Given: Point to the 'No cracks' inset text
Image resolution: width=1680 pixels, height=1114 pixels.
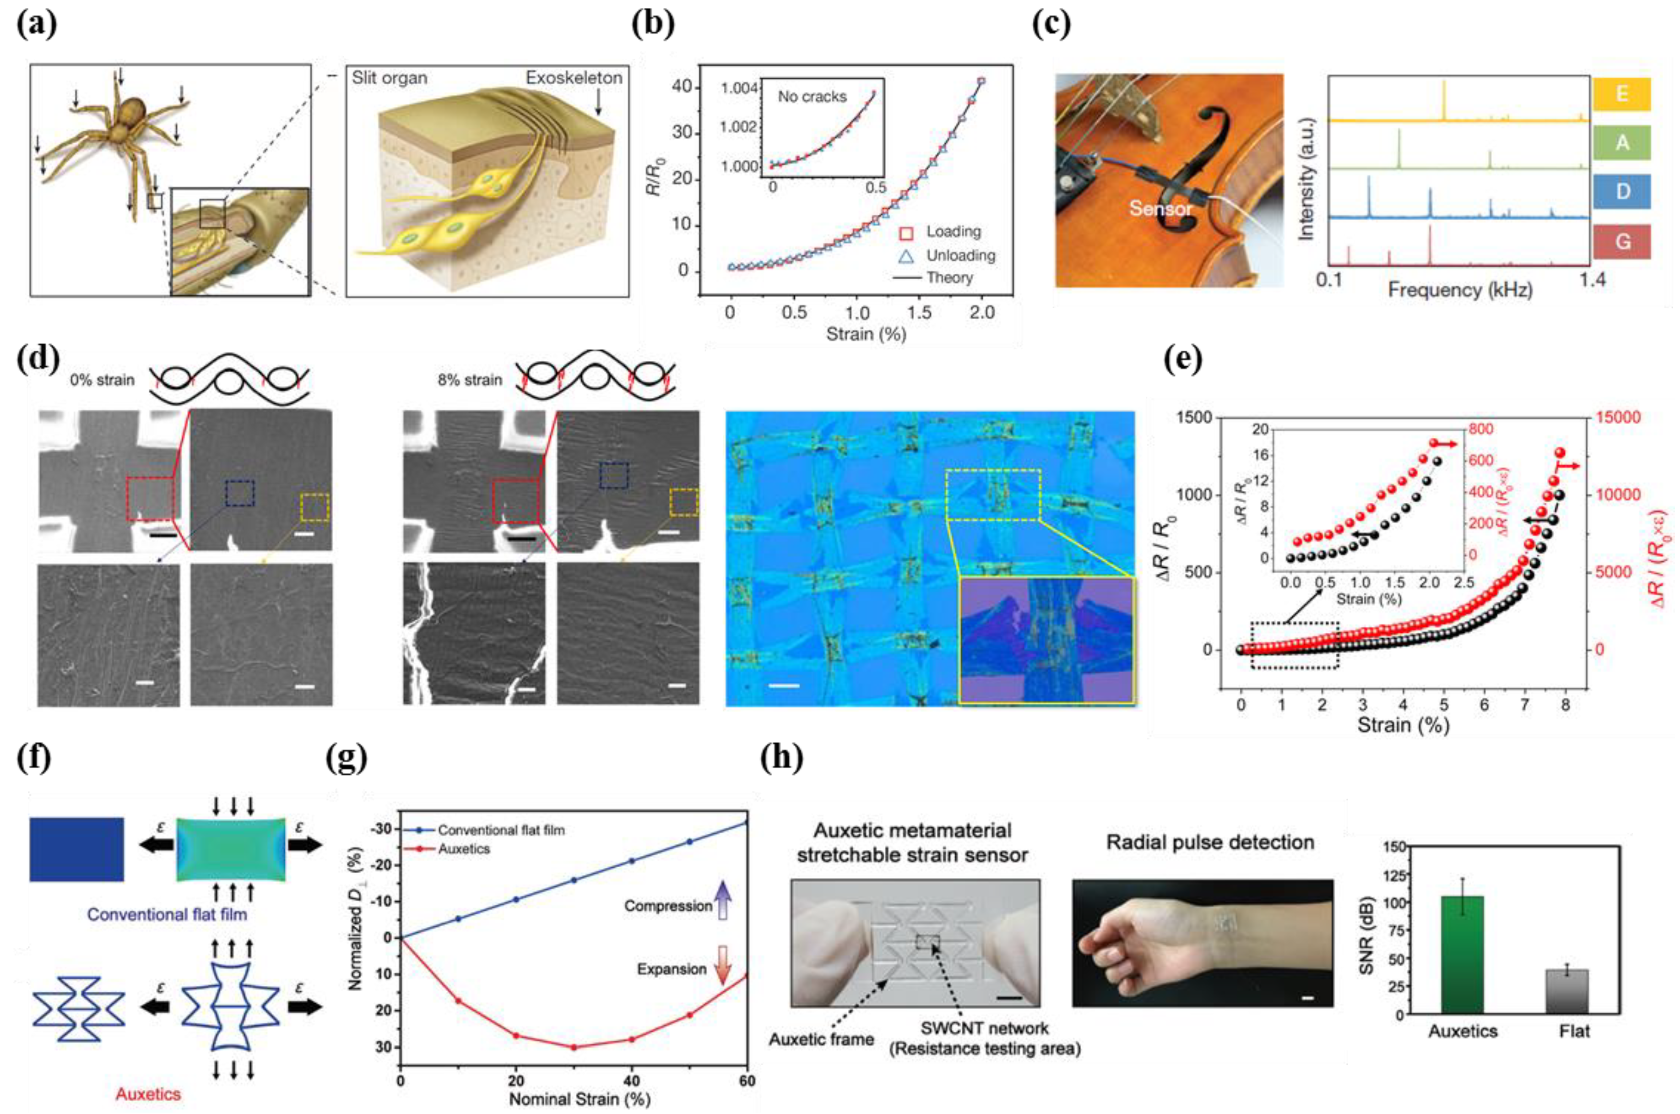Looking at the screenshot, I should click(812, 97).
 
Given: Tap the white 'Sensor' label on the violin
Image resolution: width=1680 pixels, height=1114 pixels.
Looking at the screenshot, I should click(1161, 208).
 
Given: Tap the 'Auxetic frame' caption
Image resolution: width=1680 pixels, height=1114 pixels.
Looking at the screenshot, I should click(821, 1039).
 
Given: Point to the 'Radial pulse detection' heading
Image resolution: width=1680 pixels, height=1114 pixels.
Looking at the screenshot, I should click(1210, 842).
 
